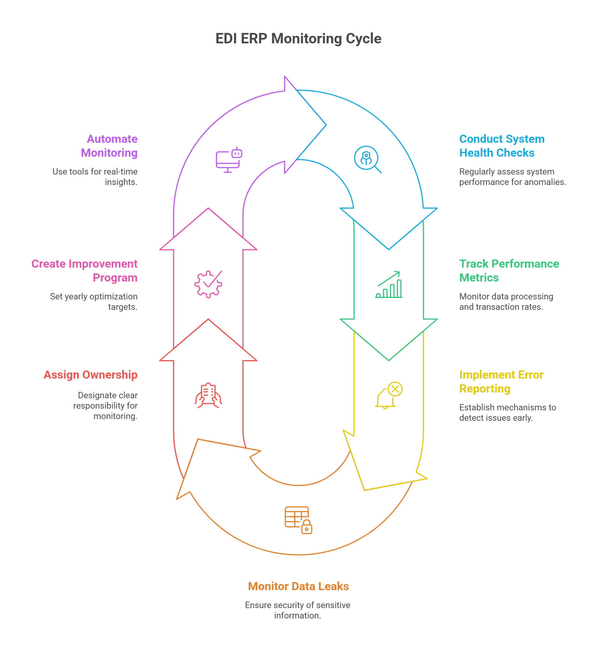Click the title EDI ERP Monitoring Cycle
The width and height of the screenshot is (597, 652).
click(298, 39)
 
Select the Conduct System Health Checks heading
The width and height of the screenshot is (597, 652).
click(501, 146)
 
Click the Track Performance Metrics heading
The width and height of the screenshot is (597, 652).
click(509, 271)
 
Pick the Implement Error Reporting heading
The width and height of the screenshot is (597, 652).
click(501, 382)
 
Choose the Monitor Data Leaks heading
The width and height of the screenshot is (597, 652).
click(298, 586)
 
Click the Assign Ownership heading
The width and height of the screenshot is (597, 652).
click(90, 375)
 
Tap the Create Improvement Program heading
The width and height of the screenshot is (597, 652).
click(84, 271)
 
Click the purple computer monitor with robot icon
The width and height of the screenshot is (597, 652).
click(229, 160)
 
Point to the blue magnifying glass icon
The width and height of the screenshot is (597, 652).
click(367, 159)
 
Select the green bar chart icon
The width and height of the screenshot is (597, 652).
click(389, 285)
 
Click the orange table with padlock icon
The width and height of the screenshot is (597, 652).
click(298, 520)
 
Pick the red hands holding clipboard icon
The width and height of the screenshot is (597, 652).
click(208, 396)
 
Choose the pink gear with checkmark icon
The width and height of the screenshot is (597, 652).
click(208, 284)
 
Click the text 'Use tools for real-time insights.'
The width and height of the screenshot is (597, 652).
click(96, 177)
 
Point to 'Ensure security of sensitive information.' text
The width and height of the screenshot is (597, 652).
click(298, 610)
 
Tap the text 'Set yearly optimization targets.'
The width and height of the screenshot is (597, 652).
click(94, 301)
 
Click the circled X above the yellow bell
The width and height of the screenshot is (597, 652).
click(395, 389)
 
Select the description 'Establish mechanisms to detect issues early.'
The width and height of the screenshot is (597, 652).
click(507, 413)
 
